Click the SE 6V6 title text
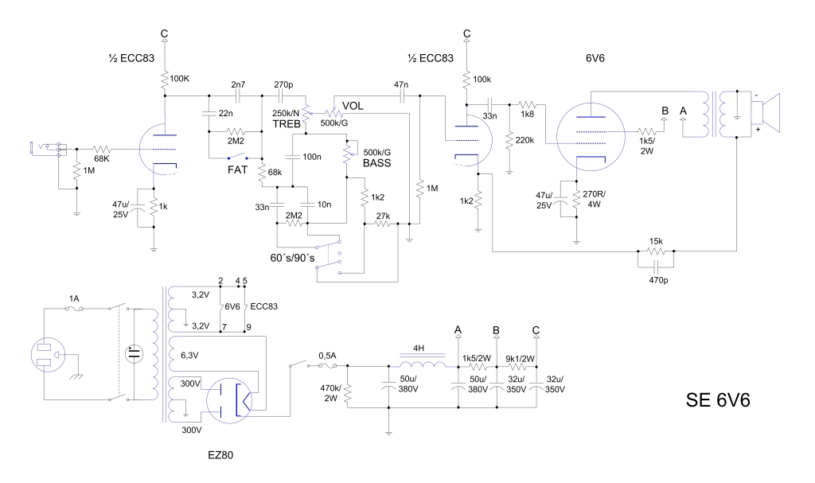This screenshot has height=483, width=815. click(718, 399)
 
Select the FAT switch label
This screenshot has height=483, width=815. click(237, 170)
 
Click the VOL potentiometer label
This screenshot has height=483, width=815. click(353, 106)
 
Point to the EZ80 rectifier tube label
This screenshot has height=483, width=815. click(220, 455)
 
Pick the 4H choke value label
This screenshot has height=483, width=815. click(419, 348)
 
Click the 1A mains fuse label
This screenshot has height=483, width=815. click(74, 298)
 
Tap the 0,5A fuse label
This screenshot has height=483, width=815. click(327, 356)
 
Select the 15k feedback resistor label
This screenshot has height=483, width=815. click(656, 241)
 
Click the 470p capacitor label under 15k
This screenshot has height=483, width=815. click(658, 280)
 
